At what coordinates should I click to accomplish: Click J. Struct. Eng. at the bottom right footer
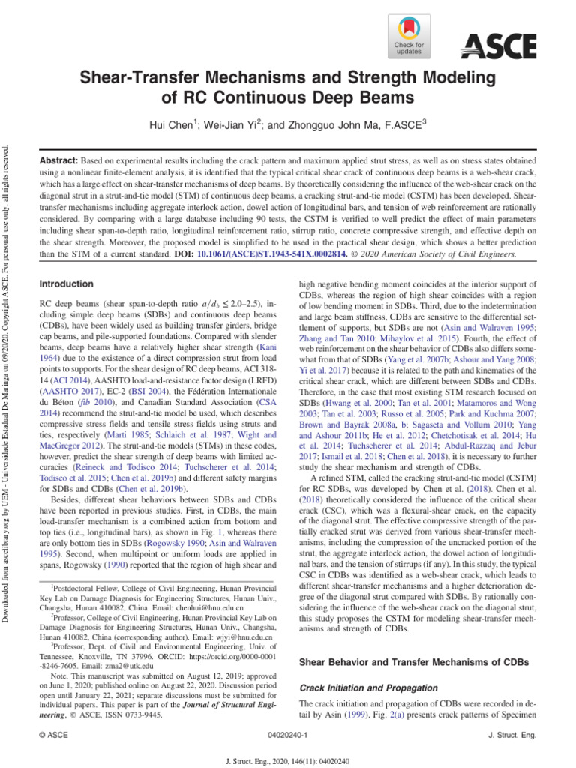tap(512, 736)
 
